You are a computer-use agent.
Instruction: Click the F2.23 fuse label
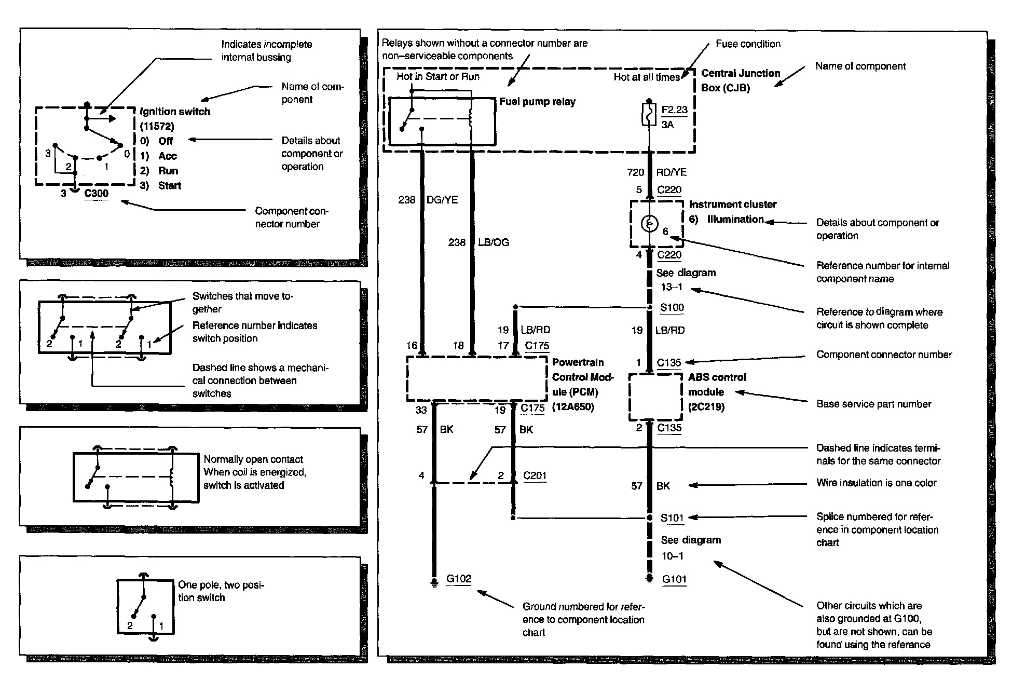pyautogui.click(x=674, y=110)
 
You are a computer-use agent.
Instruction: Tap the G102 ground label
pyautogui.click(x=458, y=579)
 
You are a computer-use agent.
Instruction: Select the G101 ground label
pyautogui.click(x=674, y=579)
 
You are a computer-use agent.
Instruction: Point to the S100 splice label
pyautogui.click(x=672, y=308)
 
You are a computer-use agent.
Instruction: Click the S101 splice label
pyautogui.click(x=672, y=518)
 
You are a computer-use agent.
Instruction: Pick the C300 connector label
pyautogui.click(x=96, y=194)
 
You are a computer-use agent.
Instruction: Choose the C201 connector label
pyautogui.click(x=535, y=475)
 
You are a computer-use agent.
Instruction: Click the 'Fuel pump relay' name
pyautogui.click(x=537, y=102)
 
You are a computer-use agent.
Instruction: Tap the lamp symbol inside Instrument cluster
pyautogui.click(x=649, y=224)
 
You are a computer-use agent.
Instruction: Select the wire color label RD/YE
pyautogui.click(x=671, y=172)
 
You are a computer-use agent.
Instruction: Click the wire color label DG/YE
pyautogui.click(x=442, y=200)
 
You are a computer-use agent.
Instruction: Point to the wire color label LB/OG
pyautogui.click(x=493, y=242)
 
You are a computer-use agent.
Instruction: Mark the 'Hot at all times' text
pyautogui.click(x=646, y=77)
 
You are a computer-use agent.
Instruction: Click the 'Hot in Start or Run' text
pyautogui.click(x=438, y=77)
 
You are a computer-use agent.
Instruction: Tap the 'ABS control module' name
pyautogui.click(x=717, y=385)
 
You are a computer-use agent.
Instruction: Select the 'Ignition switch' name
pyautogui.click(x=175, y=112)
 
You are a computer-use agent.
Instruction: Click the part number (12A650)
pyautogui.click(x=573, y=407)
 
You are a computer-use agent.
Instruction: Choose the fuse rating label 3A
pyautogui.click(x=667, y=125)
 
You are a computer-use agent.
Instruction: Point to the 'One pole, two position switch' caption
pyautogui.click(x=221, y=591)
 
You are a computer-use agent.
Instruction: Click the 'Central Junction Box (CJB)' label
pyautogui.click(x=740, y=80)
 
